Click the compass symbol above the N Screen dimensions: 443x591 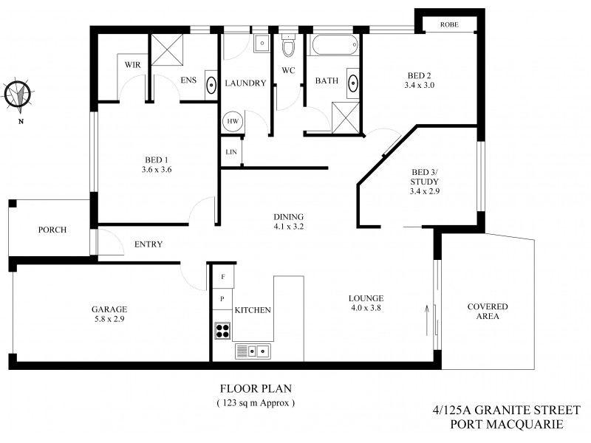[x=16, y=95]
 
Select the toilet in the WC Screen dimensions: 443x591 [x=289, y=47]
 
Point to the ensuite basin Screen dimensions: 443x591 [x=211, y=83]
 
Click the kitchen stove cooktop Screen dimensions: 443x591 [x=222, y=331]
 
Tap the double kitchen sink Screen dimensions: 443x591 [x=253, y=351]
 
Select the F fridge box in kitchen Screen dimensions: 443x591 [x=222, y=277]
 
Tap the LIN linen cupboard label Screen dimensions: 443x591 [x=230, y=152]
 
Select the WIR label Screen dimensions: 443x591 [x=132, y=65]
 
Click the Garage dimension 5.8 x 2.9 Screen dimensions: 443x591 [x=109, y=320]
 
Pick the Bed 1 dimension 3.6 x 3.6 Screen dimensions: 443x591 [x=156, y=170]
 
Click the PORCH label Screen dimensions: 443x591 [x=52, y=230]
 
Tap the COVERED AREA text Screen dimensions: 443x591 [x=488, y=311]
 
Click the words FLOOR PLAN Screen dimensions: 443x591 [x=255, y=388]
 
